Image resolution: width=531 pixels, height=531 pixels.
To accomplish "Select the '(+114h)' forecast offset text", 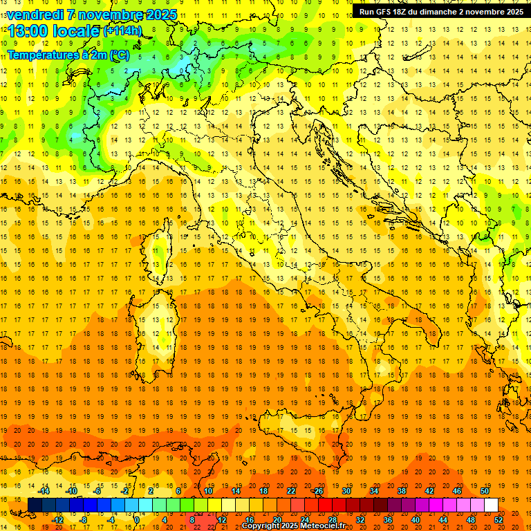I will click(122, 31).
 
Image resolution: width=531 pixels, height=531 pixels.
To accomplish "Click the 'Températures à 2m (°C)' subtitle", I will click(68, 54).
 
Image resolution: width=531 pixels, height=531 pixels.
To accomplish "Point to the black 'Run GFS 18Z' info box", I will click(440, 12).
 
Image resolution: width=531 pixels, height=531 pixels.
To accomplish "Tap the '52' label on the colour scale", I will click(499, 519).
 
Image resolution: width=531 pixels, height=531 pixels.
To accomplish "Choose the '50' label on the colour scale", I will click(485, 491).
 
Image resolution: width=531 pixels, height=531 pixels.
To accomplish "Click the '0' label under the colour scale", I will click(138, 519).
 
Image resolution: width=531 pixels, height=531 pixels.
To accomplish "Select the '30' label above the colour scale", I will click(346, 491).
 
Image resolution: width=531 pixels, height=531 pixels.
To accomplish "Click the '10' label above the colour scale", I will click(207, 491).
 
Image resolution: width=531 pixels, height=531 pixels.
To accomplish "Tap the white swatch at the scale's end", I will click(491, 505).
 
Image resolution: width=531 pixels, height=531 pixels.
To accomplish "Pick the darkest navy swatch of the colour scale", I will click(35, 505).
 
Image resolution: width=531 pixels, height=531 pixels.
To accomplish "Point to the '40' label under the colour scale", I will click(416, 519).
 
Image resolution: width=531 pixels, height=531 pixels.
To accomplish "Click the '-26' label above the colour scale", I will click(318, 491).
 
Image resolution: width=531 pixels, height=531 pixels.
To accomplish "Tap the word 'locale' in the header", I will click(74, 32).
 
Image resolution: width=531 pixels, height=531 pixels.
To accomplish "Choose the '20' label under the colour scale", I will click(277, 519).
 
